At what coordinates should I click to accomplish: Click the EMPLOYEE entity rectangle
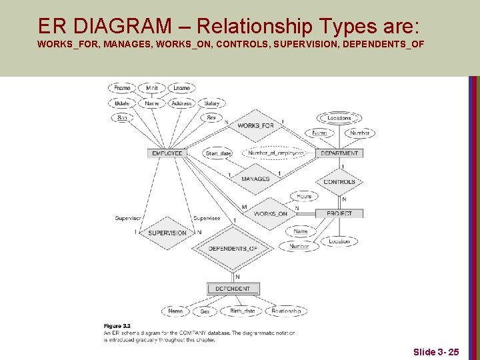coord(167,153)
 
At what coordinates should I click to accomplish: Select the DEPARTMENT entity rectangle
coord(339,153)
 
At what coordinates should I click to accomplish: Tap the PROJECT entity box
coord(339,213)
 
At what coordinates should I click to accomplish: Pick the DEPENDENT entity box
coord(233,289)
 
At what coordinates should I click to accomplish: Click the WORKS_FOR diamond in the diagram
coord(255,126)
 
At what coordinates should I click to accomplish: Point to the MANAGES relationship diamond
coord(255,179)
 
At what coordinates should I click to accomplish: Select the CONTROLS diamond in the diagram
coord(339,182)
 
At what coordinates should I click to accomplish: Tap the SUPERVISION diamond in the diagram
coord(167,233)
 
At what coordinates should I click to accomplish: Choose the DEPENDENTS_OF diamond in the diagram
coord(233,249)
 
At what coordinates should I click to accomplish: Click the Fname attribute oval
coord(122,88)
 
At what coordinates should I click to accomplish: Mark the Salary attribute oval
coord(212,103)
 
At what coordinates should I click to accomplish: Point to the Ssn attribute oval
coord(122,117)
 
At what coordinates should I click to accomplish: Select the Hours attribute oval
coord(304,197)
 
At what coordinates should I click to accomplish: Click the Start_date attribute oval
coord(218,153)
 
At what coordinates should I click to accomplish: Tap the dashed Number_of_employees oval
coord(276,153)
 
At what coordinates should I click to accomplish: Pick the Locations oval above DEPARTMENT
coord(339,118)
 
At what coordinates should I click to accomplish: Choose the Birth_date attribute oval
coord(242,311)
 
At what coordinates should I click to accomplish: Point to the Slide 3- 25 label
coord(435,351)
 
